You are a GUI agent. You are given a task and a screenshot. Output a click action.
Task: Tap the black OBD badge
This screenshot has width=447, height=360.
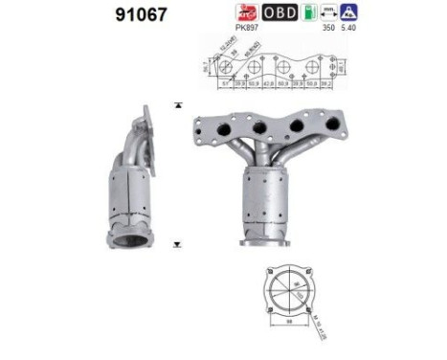(279, 12)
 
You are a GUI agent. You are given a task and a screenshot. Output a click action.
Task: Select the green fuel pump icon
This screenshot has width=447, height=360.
(307, 12)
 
